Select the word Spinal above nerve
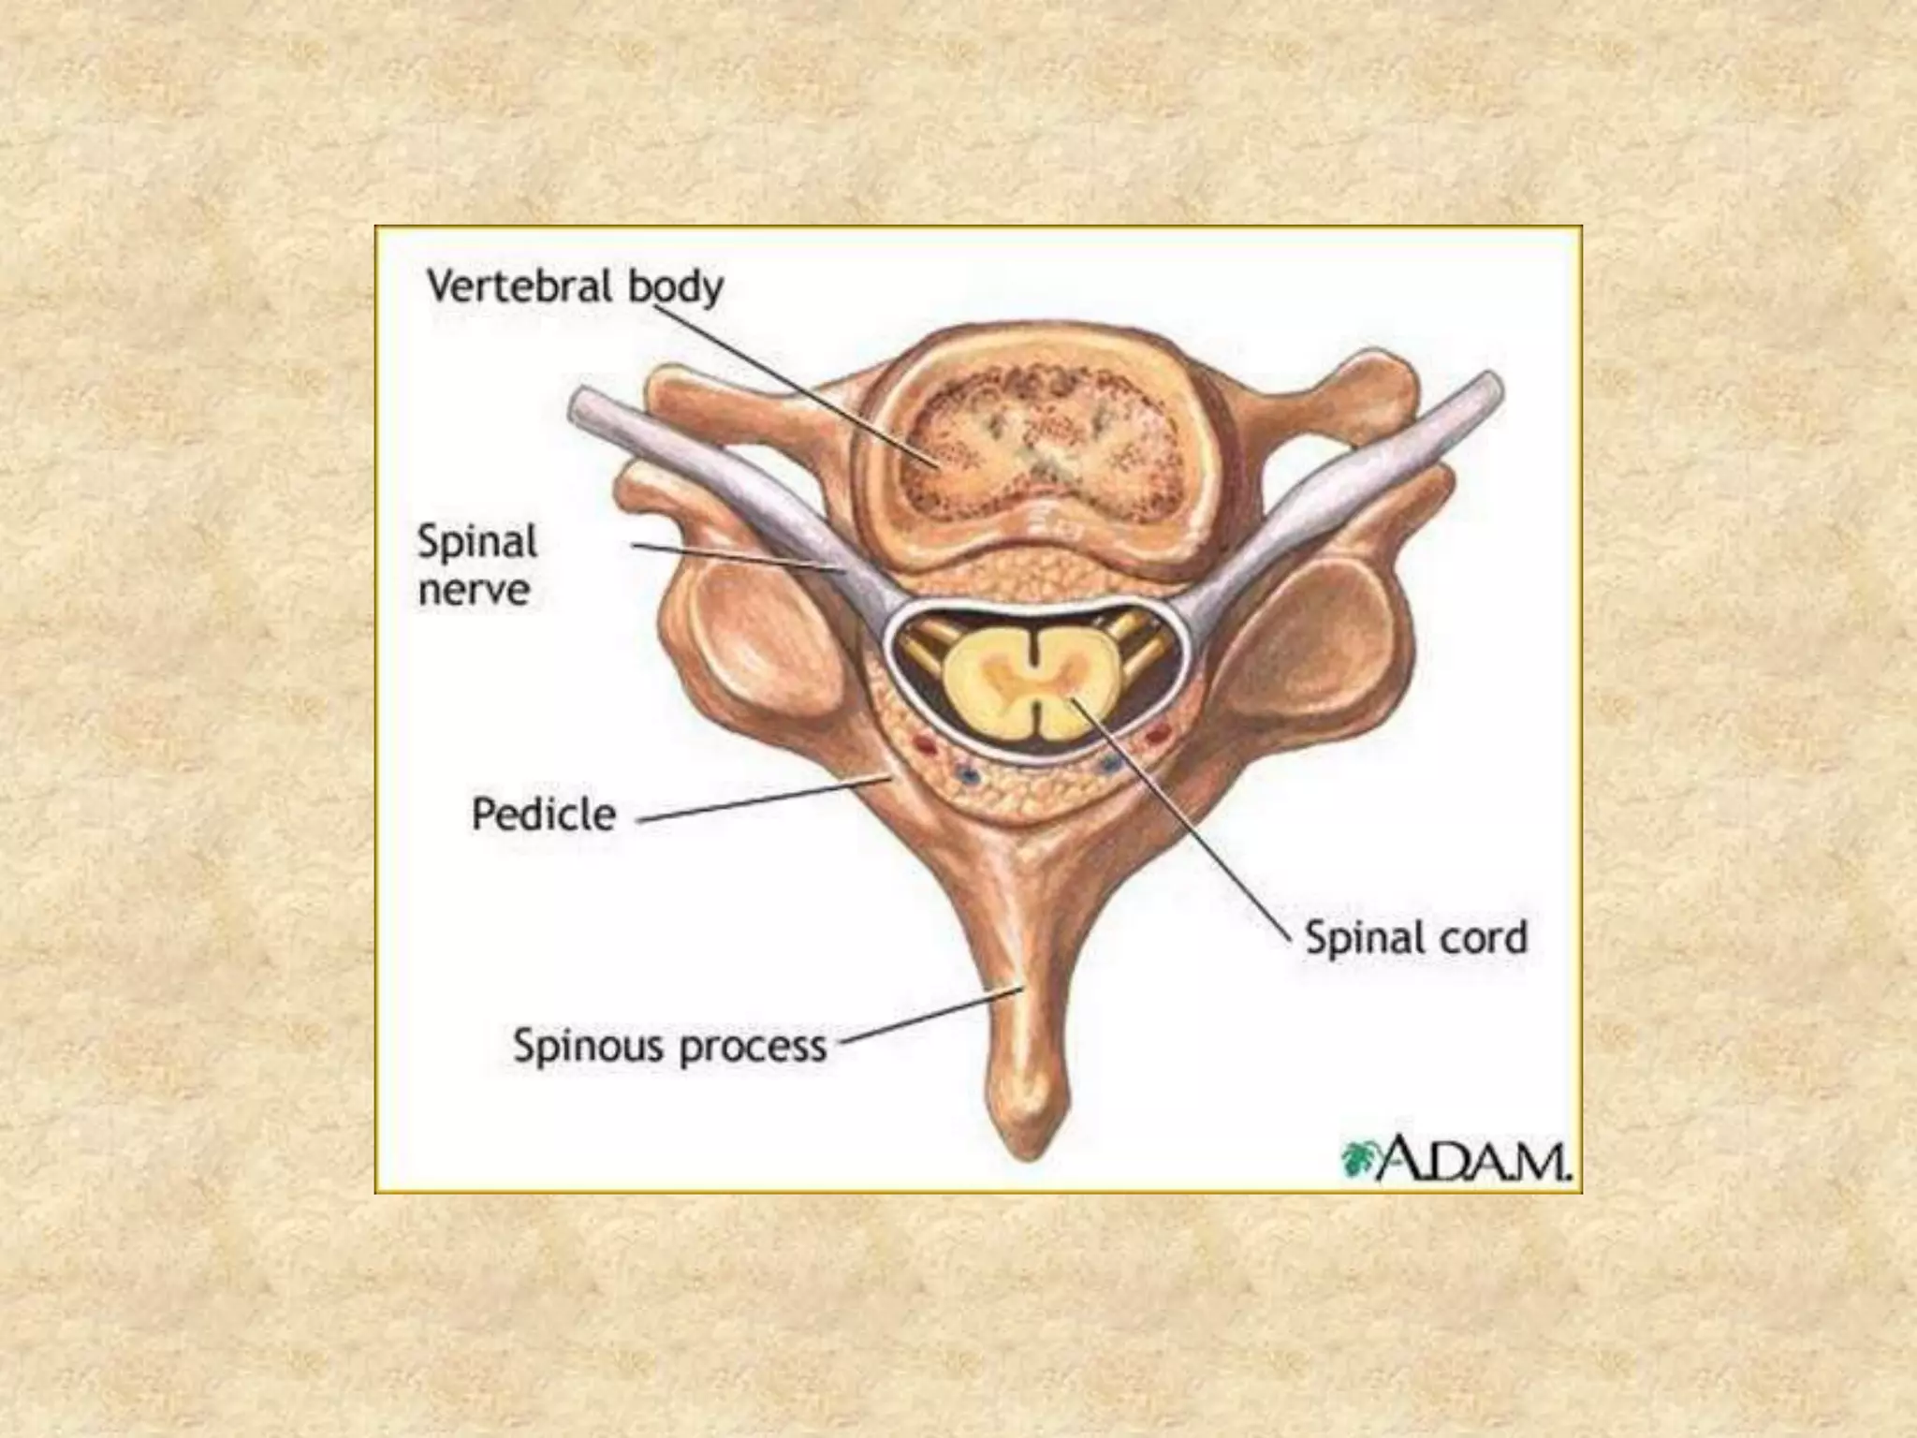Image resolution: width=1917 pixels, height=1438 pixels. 477,542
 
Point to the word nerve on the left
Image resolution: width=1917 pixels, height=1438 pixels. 474,591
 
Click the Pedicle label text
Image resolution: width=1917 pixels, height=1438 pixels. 544,814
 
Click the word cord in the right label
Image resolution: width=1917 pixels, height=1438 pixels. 1487,936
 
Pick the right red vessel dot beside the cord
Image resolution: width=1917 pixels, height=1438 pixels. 1157,736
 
